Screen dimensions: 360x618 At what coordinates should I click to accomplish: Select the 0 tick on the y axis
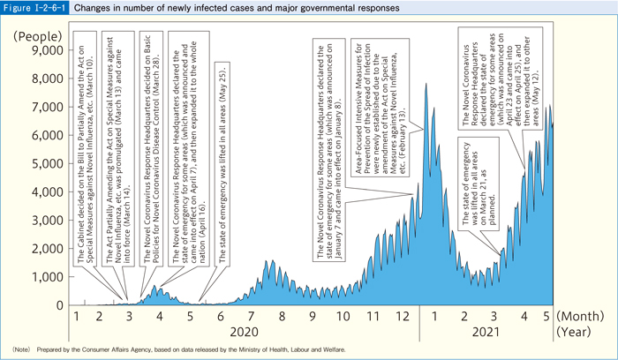(x=57, y=305)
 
